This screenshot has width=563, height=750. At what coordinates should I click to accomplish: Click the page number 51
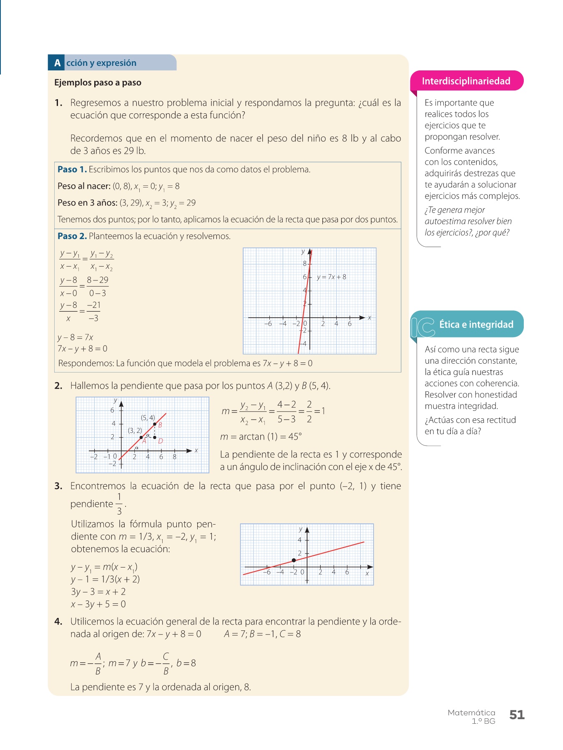517,715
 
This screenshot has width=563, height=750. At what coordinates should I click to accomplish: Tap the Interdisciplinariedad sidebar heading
466,81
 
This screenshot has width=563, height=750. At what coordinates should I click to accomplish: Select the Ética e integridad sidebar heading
476,324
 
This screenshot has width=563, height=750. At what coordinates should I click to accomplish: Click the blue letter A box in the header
57,63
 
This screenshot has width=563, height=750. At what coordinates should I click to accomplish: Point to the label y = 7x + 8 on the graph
331,277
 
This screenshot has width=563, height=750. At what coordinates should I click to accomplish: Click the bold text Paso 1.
72,170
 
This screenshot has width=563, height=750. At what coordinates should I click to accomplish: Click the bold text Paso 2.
72,236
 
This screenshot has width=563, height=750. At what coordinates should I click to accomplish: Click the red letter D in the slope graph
160,441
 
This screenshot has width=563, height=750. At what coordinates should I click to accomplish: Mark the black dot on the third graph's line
294,560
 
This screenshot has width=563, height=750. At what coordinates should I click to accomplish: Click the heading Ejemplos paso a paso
98,82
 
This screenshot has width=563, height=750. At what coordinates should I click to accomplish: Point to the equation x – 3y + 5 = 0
98,604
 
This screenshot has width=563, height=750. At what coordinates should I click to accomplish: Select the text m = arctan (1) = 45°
261,437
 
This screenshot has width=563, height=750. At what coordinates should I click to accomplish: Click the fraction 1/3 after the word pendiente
119,504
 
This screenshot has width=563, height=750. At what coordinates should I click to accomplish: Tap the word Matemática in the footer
471,712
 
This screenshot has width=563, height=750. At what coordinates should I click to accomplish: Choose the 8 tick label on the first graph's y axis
304,263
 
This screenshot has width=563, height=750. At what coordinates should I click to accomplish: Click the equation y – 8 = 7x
75,337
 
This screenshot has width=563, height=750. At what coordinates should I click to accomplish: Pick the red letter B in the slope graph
160,425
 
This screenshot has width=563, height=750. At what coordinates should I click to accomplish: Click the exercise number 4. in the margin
58,622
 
